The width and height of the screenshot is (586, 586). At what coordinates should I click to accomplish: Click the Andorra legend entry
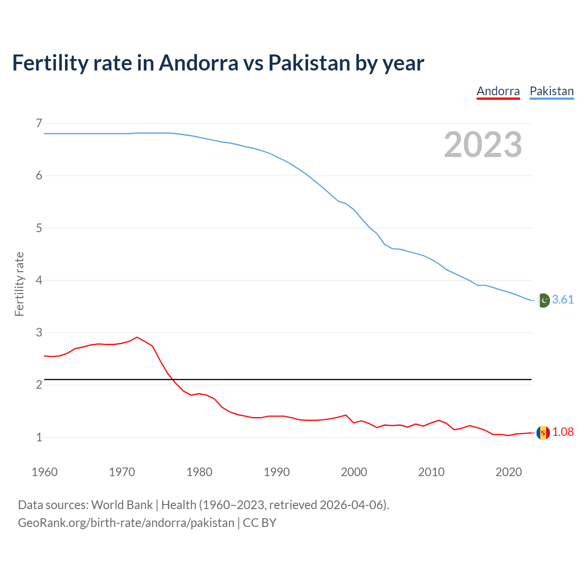pos(498,91)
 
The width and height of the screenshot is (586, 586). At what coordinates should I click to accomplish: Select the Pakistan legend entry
pos(552,91)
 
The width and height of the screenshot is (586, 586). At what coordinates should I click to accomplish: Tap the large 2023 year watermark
pos(483,145)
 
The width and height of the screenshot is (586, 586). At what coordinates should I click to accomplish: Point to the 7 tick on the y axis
pos(39,123)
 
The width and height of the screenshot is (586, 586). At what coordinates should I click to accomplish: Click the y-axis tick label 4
pos(39,280)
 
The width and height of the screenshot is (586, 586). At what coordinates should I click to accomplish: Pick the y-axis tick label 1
pos(39,437)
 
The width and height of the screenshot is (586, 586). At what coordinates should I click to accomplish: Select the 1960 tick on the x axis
pos(44,472)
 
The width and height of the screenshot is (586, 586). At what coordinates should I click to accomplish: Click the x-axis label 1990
pos(277,472)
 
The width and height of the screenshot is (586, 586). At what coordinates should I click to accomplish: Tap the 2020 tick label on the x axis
pos(509,472)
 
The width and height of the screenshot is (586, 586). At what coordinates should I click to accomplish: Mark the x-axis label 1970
pos(122,472)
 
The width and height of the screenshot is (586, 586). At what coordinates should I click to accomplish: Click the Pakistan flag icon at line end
pos(543,300)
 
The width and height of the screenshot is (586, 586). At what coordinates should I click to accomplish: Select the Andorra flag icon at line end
pos(543,433)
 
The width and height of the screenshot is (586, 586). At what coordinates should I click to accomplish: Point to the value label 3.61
pos(563,300)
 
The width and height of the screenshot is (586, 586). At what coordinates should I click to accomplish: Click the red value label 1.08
pos(563,432)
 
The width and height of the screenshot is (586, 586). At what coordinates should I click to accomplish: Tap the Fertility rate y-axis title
pos(19,284)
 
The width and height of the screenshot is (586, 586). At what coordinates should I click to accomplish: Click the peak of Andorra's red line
pos(137,337)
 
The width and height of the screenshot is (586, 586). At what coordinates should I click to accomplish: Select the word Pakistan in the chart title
pos(309,63)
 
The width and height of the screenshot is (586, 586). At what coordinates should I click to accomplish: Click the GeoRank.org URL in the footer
pos(126,523)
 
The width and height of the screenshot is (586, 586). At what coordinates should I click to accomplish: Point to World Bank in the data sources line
pos(122,505)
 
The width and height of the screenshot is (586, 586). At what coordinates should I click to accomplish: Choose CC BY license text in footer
pos(260,523)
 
